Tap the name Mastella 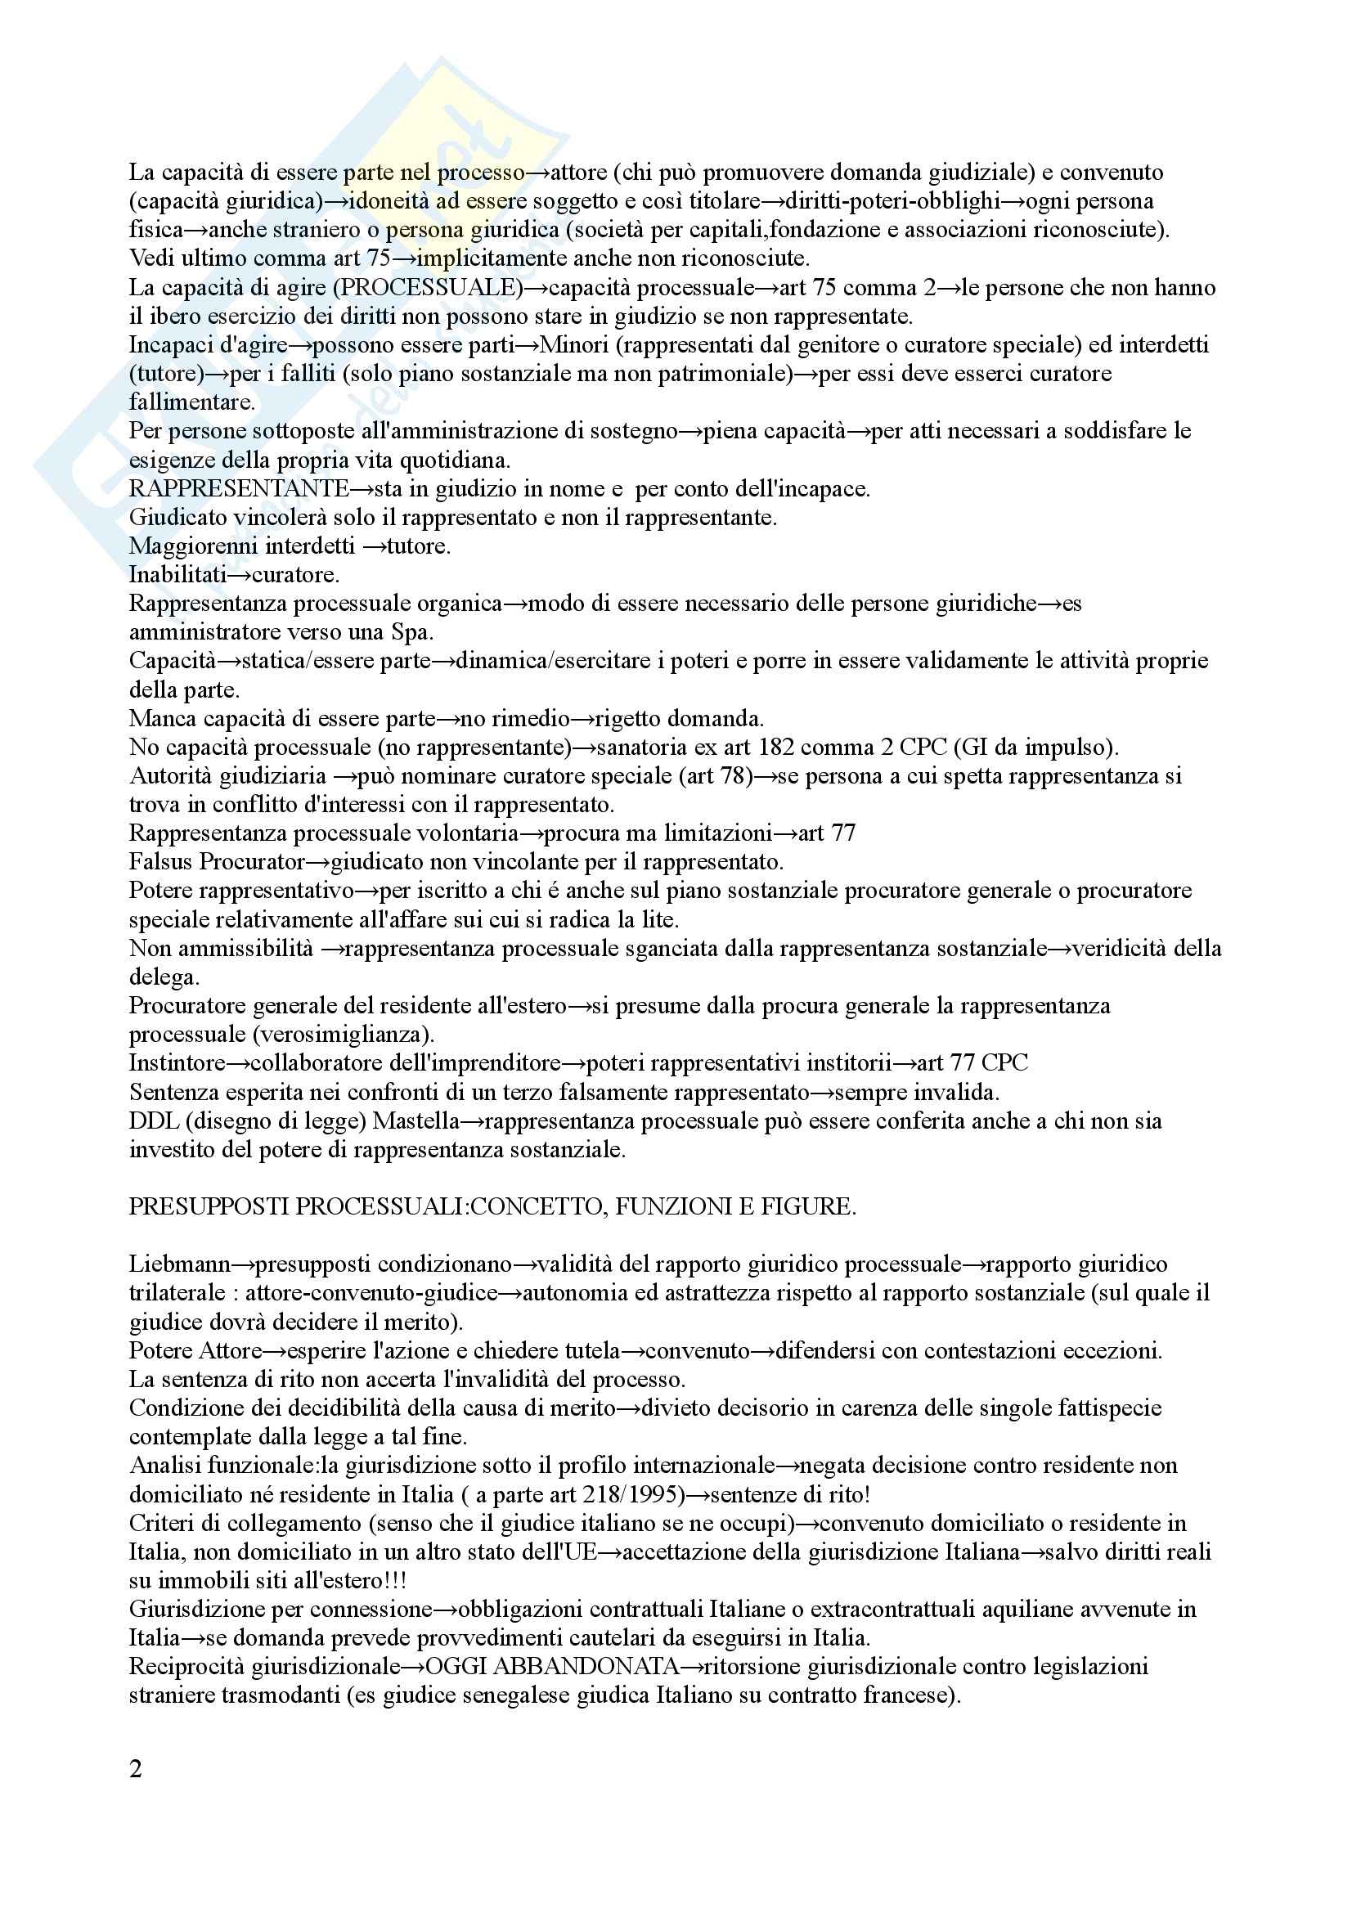(x=415, y=1121)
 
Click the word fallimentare (x=191, y=402)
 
